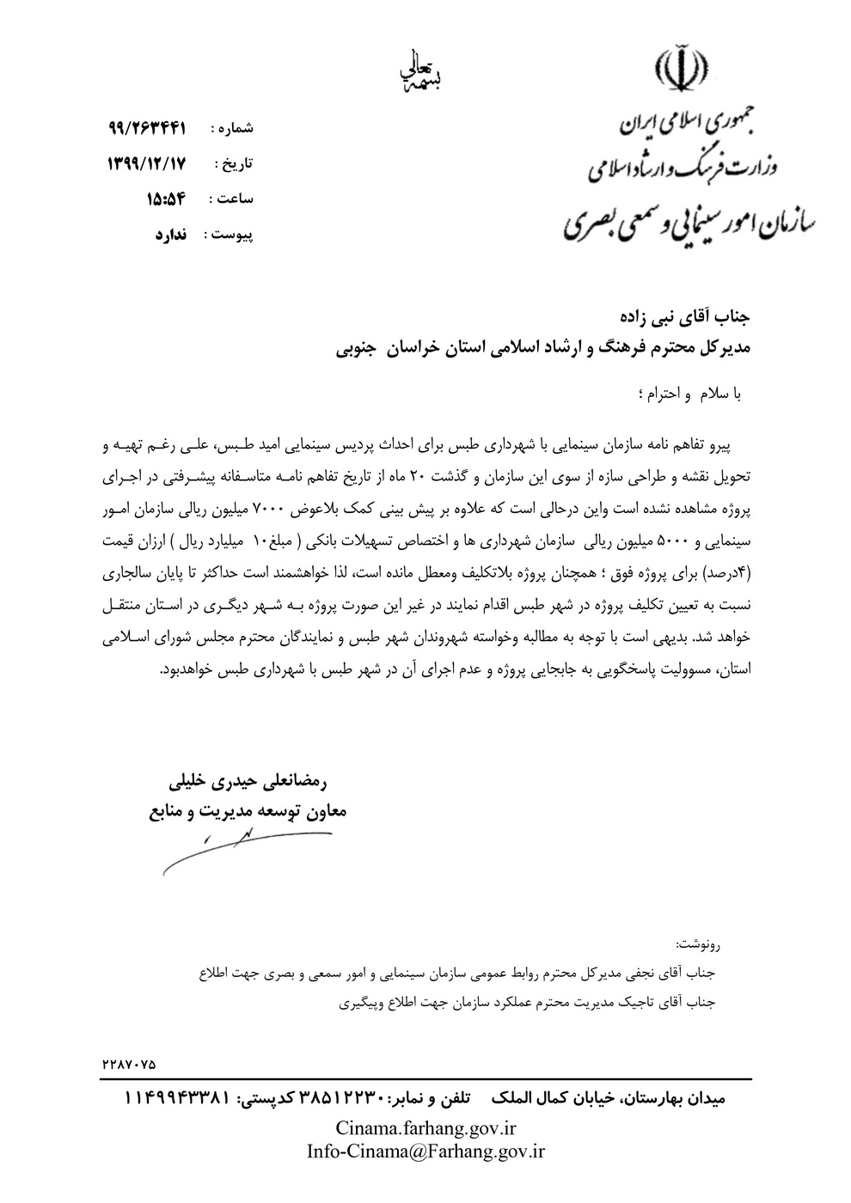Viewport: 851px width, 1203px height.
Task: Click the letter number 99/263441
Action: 148,128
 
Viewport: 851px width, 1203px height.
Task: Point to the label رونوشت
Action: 701,944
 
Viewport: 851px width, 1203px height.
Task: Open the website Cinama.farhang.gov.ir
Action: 425,1128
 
